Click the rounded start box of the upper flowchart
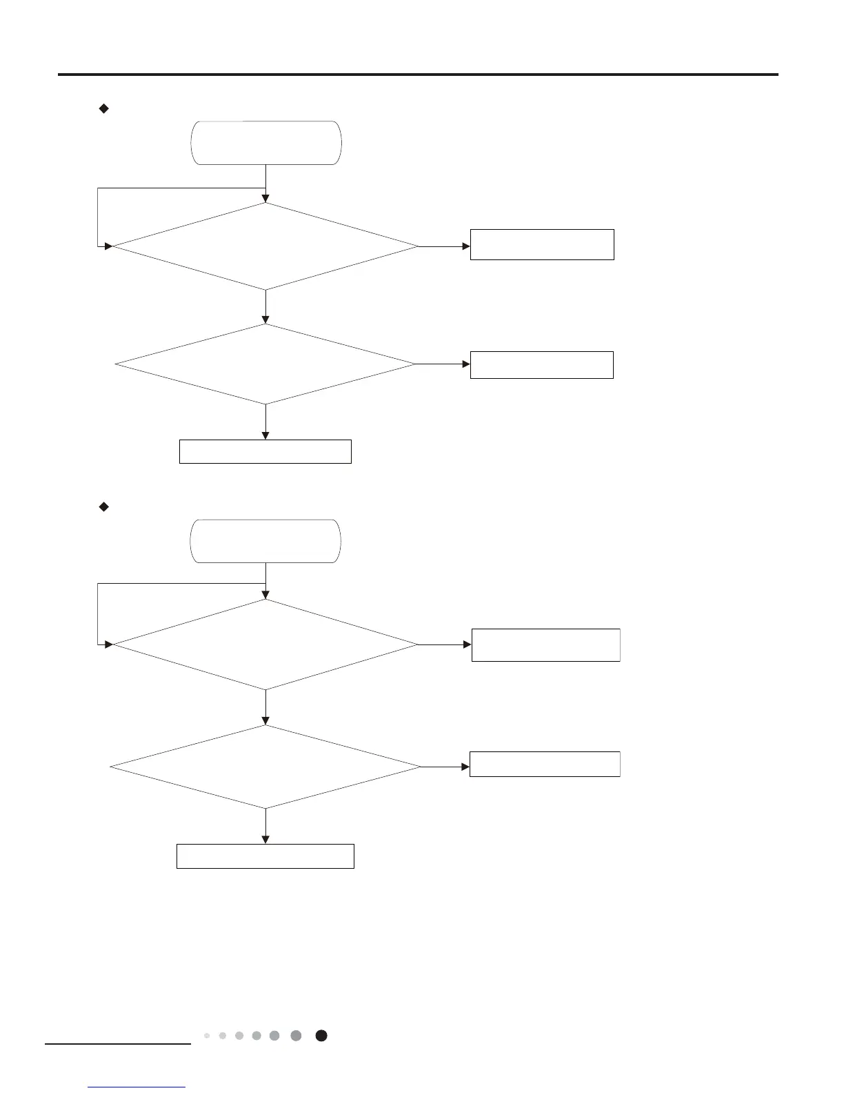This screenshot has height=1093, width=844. pyautogui.click(x=265, y=143)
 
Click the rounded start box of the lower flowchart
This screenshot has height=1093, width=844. pyautogui.click(x=265, y=541)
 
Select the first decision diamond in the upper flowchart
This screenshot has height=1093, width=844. pyautogui.click(x=265, y=246)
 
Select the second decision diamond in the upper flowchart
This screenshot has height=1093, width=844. pyautogui.click(x=265, y=364)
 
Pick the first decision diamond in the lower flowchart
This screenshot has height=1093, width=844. pyautogui.click(x=265, y=644)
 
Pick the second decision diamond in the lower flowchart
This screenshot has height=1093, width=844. pyautogui.click(x=265, y=767)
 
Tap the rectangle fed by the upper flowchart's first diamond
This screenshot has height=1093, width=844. pyautogui.click(x=542, y=244)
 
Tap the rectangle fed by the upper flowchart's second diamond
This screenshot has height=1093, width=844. pyautogui.click(x=542, y=364)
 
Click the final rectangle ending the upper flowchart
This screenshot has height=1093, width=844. pyautogui.click(x=265, y=451)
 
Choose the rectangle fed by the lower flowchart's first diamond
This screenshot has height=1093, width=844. pyautogui.click(x=545, y=645)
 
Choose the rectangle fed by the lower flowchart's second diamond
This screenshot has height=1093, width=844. pyautogui.click(x=545, y=764)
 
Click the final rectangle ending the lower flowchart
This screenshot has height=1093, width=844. pyautogui.click(x=265, y=856)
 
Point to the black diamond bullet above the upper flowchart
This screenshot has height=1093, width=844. pyautogui.click(x=104, y=108)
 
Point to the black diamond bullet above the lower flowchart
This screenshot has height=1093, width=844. pyautogui.click(x=104, y=507)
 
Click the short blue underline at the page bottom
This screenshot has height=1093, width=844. pyautogui.click(x=137, y=1087)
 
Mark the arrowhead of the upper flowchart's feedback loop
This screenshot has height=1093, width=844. pyautogui.click(x=108, y=246)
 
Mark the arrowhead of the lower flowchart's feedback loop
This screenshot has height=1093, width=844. pyautogui.click(x=108, y=644)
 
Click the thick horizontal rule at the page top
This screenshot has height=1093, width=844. pyautogui.click(x=418, y=75)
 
